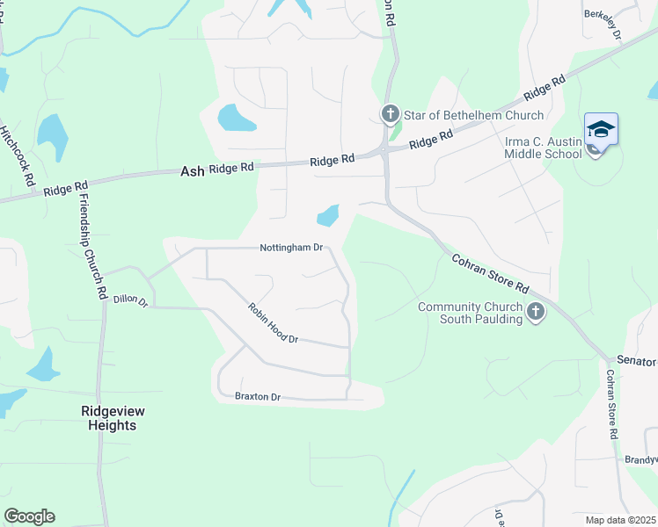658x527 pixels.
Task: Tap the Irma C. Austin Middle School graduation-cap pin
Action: pos(601,129)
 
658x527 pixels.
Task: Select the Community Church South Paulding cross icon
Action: pos(534,311)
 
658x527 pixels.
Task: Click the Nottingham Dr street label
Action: pos(291,248)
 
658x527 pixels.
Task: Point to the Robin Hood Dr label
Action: pos(273,323)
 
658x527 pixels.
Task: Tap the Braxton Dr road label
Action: pos(257,397)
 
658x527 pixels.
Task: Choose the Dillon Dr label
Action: pos(130,300)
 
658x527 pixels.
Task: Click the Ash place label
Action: pos(192,171)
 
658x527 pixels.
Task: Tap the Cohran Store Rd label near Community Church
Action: pos(489,275)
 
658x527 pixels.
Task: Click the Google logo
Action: pos(29,516)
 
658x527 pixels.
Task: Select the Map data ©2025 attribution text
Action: pos(620,520)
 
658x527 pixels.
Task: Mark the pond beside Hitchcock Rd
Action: pos(52,137)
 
